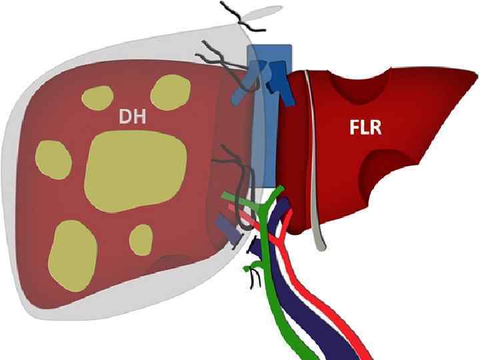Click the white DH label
point(131,117)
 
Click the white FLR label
point(365,127)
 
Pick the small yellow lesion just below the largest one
point(141,239)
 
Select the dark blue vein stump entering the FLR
point(274,81)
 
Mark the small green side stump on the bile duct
point(251,268)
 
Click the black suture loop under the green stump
point(252,281)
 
